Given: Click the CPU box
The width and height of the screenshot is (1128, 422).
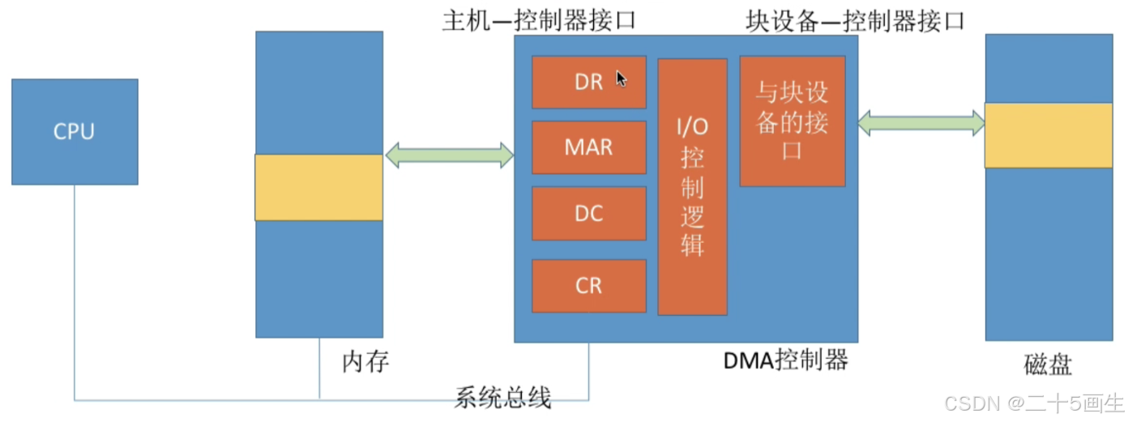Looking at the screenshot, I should [x=75, y=131].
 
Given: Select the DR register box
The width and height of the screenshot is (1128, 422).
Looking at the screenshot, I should [x=588, y=82].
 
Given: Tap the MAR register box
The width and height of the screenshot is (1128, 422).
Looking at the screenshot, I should [x=588, y=147].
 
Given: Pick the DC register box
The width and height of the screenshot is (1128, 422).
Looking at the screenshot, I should [x=588, y=213].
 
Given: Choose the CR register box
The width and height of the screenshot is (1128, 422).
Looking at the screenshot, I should [x=588, y=286].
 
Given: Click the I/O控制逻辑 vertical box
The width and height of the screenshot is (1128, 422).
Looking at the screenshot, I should [x=692, y=186].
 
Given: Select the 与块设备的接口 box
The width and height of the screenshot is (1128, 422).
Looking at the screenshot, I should [x=792, y=121].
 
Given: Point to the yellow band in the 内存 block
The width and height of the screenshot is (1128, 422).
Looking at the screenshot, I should [x=318, y=187].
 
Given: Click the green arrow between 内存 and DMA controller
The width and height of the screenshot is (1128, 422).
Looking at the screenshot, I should [x=449, y=155].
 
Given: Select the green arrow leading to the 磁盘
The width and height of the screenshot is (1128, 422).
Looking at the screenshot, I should [x=921, y=123].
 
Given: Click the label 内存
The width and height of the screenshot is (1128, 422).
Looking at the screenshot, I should [x=365, y=362].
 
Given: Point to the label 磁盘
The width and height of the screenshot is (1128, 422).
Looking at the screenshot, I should [x=1048, y=365].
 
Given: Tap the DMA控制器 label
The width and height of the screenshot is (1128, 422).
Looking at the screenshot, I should [x=785, y=359].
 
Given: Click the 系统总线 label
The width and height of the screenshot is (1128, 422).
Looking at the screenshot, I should [x=502, y=398].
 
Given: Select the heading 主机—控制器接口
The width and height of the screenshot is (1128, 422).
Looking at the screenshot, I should [x=537, y=20].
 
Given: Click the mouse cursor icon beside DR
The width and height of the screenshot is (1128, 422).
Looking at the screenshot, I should [x=621, y=79].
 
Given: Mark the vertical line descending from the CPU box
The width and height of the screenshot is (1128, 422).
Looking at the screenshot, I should [x=75, y=292].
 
